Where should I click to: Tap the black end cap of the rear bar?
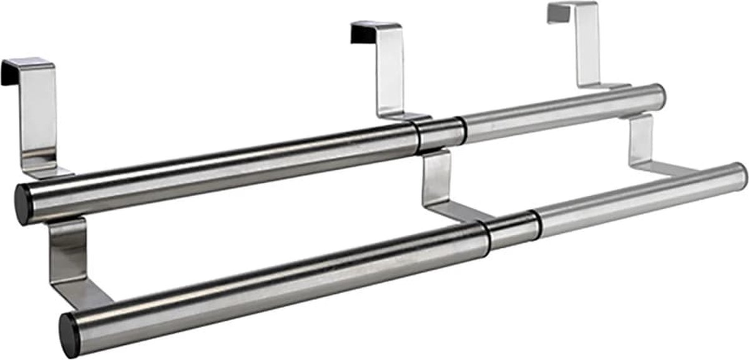tap(24, 204)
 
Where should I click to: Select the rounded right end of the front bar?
tap(739, 176)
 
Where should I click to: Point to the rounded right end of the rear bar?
tap(658, 96)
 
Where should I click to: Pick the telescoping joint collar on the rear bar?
tap(441, 132)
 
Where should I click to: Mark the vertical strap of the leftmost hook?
tap(39, 119)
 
